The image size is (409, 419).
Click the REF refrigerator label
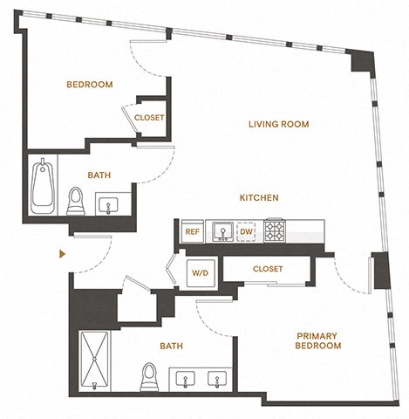pos(193,232)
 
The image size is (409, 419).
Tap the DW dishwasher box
pos(246,232)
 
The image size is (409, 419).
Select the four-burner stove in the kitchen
pos(275,230)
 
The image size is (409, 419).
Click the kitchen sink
pos(222,232)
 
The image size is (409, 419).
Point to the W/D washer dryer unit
pos(201,273)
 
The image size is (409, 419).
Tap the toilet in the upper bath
pos(76,202)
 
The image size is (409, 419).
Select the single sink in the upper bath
pos(108,205)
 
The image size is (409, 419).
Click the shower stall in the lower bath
pos(95,361)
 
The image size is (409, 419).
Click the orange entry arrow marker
pos(62,254)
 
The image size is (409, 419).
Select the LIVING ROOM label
pos(279,125)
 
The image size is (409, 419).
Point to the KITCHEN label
pos(259,198)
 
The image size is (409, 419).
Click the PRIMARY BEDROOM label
pos(318,340)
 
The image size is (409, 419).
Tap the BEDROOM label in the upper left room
pos(90,85)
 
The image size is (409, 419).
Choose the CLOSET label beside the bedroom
pos(149,118)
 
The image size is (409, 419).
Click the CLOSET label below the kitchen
pos(268,269)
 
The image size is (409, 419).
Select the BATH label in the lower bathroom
pos(172,346)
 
